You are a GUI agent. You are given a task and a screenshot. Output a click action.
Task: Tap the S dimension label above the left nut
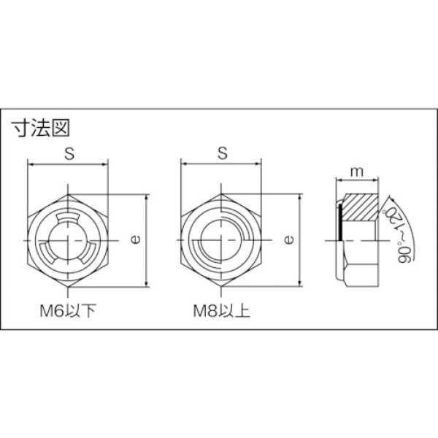[x=69, y=153]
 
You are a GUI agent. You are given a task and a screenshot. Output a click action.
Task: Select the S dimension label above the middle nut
[x=222, y=153]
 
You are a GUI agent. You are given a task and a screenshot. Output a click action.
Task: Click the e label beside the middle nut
[x=288, y=239]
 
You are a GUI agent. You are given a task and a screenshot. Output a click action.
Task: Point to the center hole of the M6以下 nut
[x=69, y=241]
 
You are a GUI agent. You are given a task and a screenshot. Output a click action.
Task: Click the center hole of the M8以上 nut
[x=219, y=241]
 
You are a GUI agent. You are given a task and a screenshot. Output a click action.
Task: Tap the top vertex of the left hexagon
[x=69, y=194]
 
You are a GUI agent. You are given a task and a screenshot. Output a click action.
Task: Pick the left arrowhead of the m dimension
[x=339, y=180]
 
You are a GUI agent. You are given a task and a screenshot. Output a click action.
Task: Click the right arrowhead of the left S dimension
[x=107, y=164]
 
